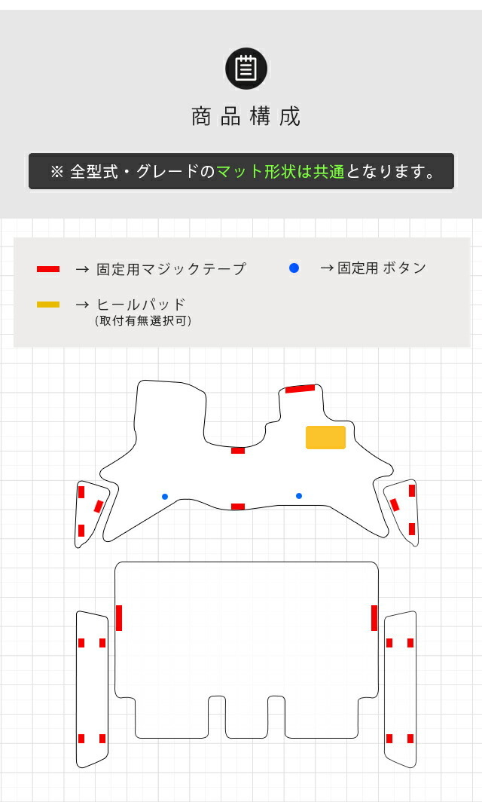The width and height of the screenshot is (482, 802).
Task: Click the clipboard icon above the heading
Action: [246, 69]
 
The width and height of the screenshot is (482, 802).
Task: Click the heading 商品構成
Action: [246, 117]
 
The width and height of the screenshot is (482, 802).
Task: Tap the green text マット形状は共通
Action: [280, 171]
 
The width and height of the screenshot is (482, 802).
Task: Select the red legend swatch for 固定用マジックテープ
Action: [48, 269]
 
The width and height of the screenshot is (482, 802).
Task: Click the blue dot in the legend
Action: [294, 268]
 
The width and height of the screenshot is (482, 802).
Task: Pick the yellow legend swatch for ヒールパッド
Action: [48, 305]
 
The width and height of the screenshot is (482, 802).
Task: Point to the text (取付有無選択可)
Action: [143, 320]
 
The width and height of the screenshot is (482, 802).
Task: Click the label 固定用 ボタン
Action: [382, 268]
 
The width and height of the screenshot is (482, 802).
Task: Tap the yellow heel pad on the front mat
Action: [325, 437]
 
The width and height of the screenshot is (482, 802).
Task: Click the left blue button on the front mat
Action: [165, 497]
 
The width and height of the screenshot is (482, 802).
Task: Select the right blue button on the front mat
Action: [299, 496]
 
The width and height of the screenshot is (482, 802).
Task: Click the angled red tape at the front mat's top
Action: [300, 389]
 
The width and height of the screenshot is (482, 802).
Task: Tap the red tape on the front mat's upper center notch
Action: [238, 451]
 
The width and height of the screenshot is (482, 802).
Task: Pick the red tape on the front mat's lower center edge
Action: [238, 507]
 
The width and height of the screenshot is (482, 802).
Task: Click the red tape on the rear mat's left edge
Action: [119, 618]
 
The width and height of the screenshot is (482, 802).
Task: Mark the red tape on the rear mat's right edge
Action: [374, 618]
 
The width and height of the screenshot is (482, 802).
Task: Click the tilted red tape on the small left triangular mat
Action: [99, 507]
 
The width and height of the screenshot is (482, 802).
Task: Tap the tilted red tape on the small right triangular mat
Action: [394, 505]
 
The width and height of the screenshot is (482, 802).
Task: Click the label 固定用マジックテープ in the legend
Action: [171, 269]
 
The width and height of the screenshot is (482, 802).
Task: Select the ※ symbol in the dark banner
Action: [56, 172]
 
